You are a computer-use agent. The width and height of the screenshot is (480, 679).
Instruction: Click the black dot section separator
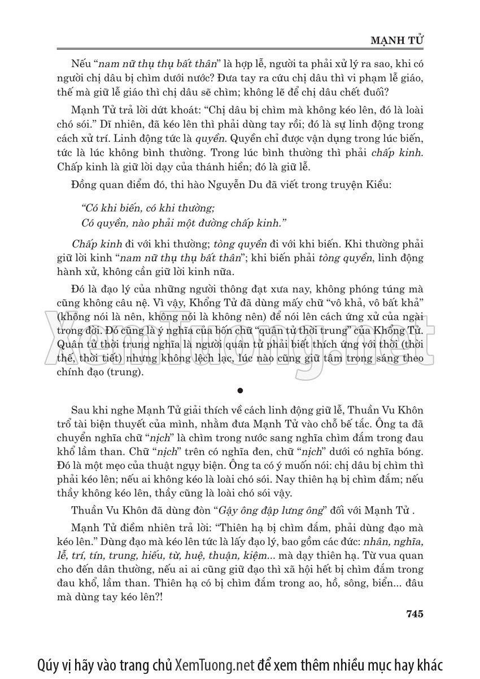tap(241, 390)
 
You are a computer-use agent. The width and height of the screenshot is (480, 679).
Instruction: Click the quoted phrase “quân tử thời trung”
tap(316, 330)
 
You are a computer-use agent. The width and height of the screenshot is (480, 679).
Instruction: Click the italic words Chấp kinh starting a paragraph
tap(93, 245)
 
